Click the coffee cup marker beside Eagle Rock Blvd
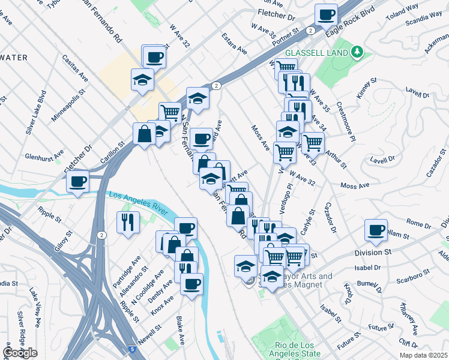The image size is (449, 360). tap(326, 14)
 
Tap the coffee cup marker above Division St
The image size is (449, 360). tap(376, 230)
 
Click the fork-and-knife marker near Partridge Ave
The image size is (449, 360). tap(129, 223)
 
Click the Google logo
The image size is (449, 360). tap(20, 353)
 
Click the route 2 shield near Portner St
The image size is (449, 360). tap(310, 30)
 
